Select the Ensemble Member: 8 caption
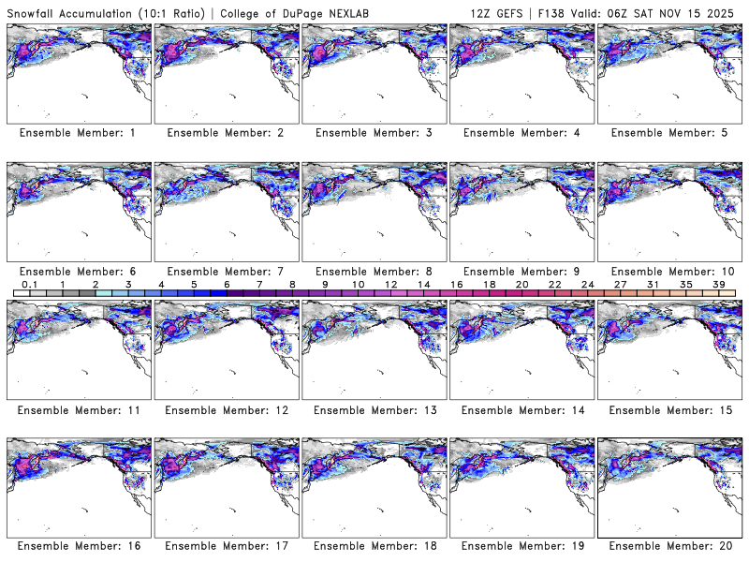(x=374, y=272)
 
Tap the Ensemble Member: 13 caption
(x=374, y=409)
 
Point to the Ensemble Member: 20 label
(x=669, y=545)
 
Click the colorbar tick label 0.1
(x=29, y=284)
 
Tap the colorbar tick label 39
(x=718, y=284)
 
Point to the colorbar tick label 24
(x=587, y=284)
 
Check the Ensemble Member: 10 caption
(x=669, y=272)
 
